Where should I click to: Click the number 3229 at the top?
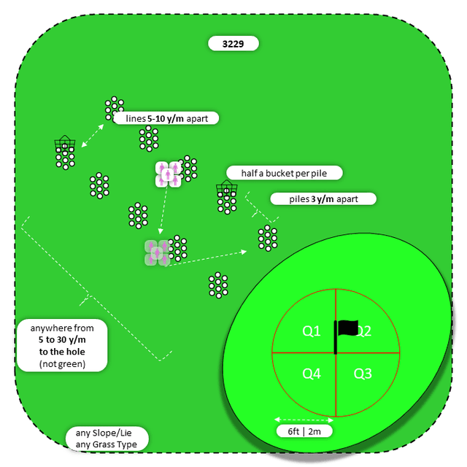(233, 44)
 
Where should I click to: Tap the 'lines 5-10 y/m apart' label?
(166, 117)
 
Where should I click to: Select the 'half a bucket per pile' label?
(283, 173)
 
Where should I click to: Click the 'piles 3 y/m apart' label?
(323, 198)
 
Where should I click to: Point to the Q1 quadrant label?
(312, 331)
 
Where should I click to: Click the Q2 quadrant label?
(363, 331)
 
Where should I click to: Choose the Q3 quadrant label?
(363, 374)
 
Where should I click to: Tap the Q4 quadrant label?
(312, 374)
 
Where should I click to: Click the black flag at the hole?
(347, 329)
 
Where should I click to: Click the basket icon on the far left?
(64, 144)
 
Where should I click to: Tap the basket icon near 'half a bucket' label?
(225, 190)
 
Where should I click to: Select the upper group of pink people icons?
(168, 174)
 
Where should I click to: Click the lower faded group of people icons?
(157, 252)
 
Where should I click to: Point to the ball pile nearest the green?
(268, 238)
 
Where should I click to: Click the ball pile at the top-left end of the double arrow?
(113, 107)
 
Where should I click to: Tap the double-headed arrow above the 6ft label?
(304, 420)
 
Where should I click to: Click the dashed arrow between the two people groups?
(163, 210)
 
